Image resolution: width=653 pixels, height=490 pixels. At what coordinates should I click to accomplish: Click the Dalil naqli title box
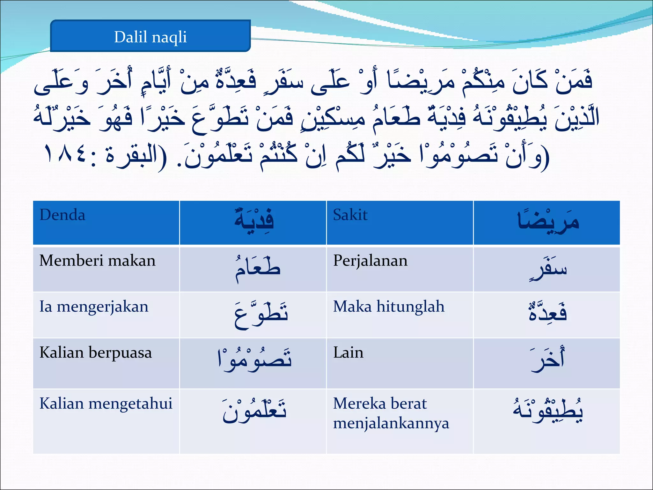150,36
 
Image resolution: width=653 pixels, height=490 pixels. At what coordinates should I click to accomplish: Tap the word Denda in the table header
62,215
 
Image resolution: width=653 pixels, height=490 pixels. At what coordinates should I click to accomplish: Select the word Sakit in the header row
350,215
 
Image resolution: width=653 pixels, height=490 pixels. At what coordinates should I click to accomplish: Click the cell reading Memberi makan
97,261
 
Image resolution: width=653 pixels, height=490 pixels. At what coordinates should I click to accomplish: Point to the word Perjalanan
370,261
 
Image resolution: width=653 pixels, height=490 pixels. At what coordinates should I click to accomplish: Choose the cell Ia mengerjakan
94,307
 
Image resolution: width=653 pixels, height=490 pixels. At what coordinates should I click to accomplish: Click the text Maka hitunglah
389,307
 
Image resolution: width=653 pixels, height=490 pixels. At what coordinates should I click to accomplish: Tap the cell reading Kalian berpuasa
95,353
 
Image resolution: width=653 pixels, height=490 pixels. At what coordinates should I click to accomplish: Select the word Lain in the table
348,353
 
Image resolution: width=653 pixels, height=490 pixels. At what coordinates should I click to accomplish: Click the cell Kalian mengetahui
106,404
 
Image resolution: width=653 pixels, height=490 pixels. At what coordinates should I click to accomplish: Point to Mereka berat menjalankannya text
391,413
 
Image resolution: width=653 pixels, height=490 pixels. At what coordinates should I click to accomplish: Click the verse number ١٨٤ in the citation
65,154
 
